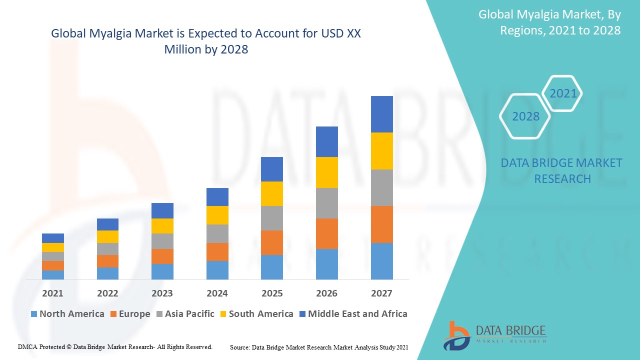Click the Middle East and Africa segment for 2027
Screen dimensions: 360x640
coord(381,114)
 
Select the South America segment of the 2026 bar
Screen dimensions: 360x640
coord(326,172)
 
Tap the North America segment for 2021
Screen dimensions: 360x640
coord(53,274)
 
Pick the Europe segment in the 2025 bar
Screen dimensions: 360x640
coord(271,242)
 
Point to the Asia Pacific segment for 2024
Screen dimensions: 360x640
coord(217,233)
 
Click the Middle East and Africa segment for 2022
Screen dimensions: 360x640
coord(107,224)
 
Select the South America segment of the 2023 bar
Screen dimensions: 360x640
coord(162,226)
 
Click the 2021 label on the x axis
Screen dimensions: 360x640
coord(53,293)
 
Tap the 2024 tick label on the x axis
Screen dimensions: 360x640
coord(217,293)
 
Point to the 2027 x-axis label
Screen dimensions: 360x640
coord(381,293)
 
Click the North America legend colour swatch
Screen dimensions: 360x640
coord(34,314)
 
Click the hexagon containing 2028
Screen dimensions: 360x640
coord(525,116)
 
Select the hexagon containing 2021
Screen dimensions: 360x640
coord(563,93)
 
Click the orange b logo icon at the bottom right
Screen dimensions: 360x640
coord(456,335)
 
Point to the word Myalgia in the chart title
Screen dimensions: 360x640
coord(109,34)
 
